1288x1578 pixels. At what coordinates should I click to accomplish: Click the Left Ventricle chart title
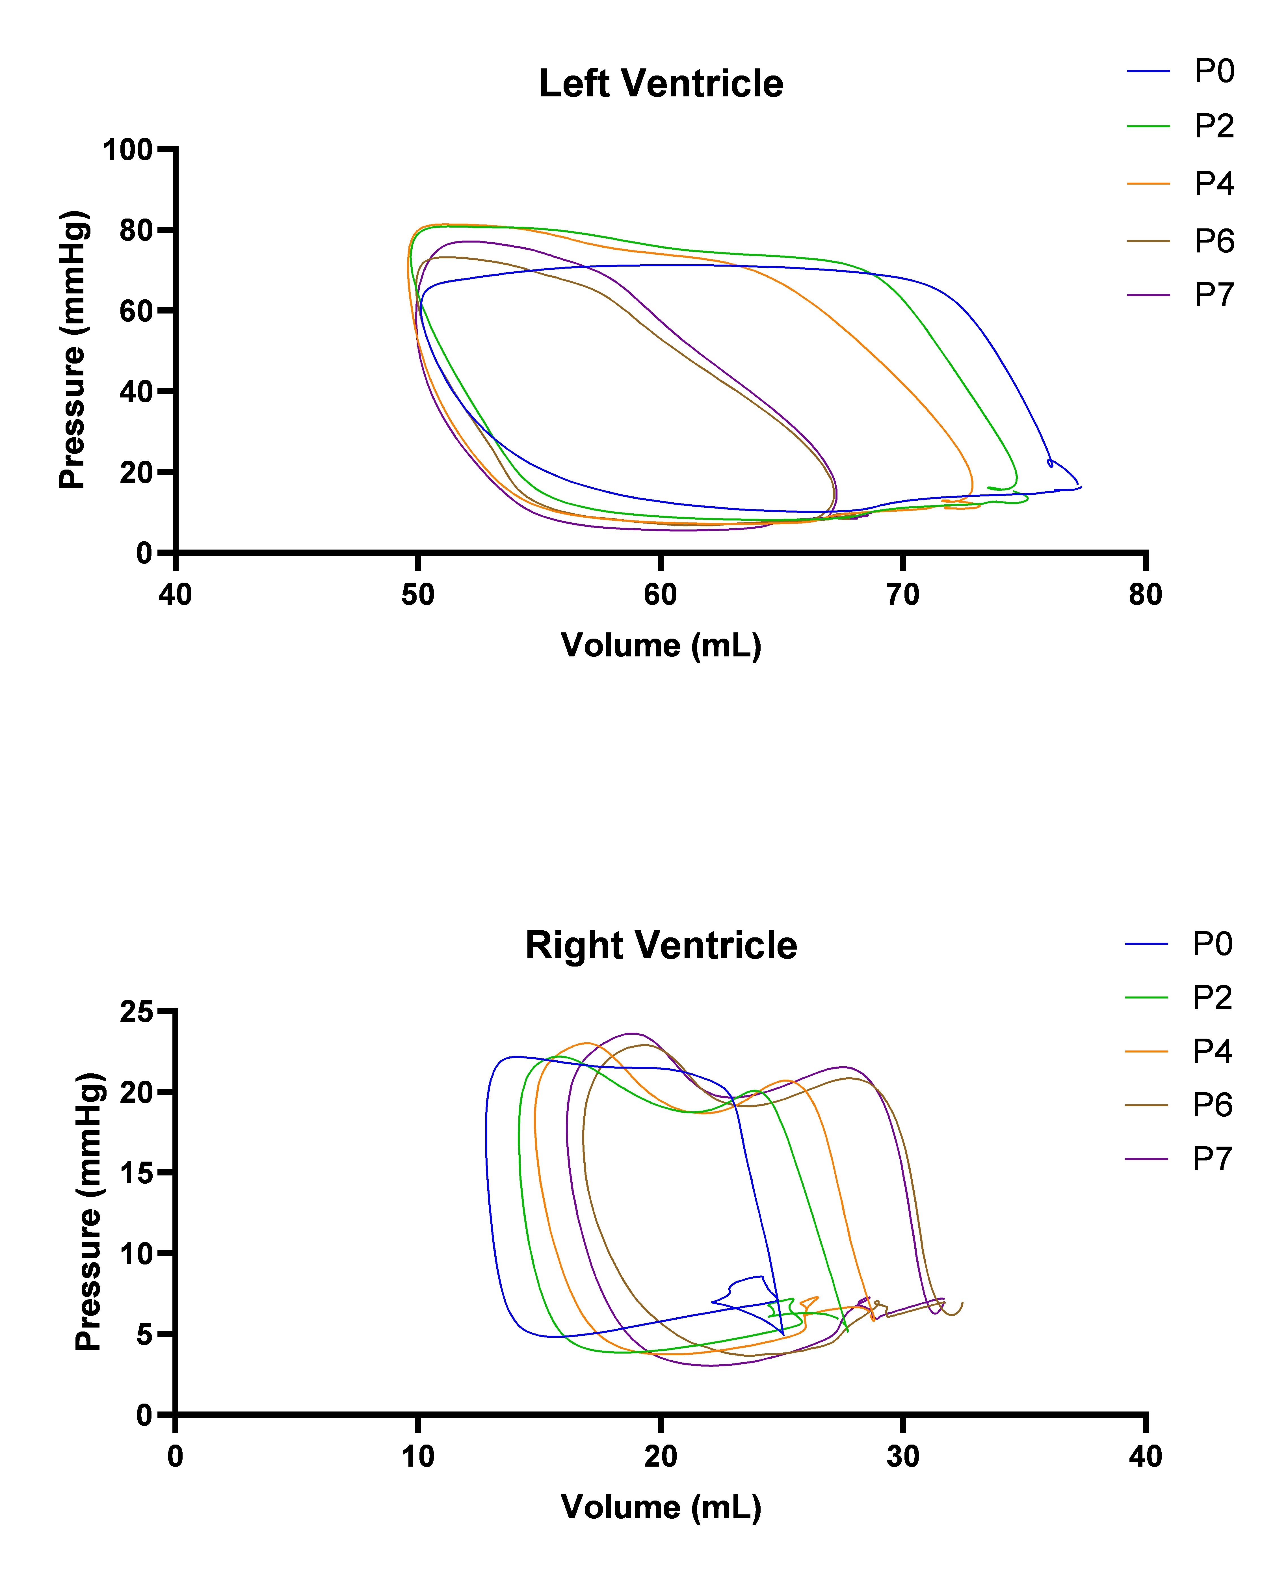(660, 83)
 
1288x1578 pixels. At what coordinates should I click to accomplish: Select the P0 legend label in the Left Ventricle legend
(1214, 71)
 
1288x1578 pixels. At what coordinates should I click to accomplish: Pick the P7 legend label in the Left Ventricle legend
(1214, 295)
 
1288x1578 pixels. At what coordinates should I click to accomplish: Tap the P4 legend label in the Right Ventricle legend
(1212, 1051)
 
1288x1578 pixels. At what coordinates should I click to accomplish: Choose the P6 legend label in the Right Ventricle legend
(1212, 1105)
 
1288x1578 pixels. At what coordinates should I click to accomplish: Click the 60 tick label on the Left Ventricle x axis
(660, 595)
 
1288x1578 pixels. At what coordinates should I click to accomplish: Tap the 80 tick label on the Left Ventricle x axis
(1145, 595)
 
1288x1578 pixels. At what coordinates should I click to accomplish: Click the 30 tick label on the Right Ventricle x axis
(902, 1456)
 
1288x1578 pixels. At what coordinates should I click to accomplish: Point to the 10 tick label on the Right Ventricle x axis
(418, 1456)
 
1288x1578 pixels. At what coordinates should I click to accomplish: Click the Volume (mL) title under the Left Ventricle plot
(660, 645)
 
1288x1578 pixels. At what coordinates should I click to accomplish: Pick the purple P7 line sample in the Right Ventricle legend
(1146, 1159)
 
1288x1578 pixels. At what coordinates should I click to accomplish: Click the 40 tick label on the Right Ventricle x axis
(1145, 1456)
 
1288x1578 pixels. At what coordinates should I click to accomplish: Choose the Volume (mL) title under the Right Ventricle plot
(660, 1508)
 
